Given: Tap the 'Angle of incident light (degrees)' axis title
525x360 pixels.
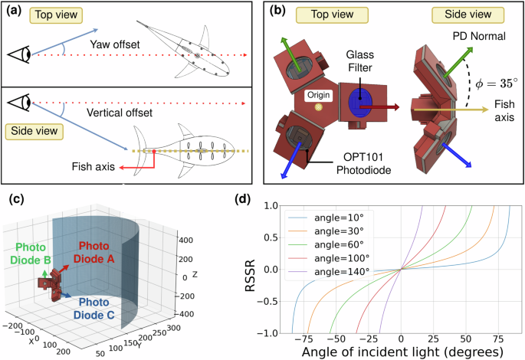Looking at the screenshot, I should tap(400, 352).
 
